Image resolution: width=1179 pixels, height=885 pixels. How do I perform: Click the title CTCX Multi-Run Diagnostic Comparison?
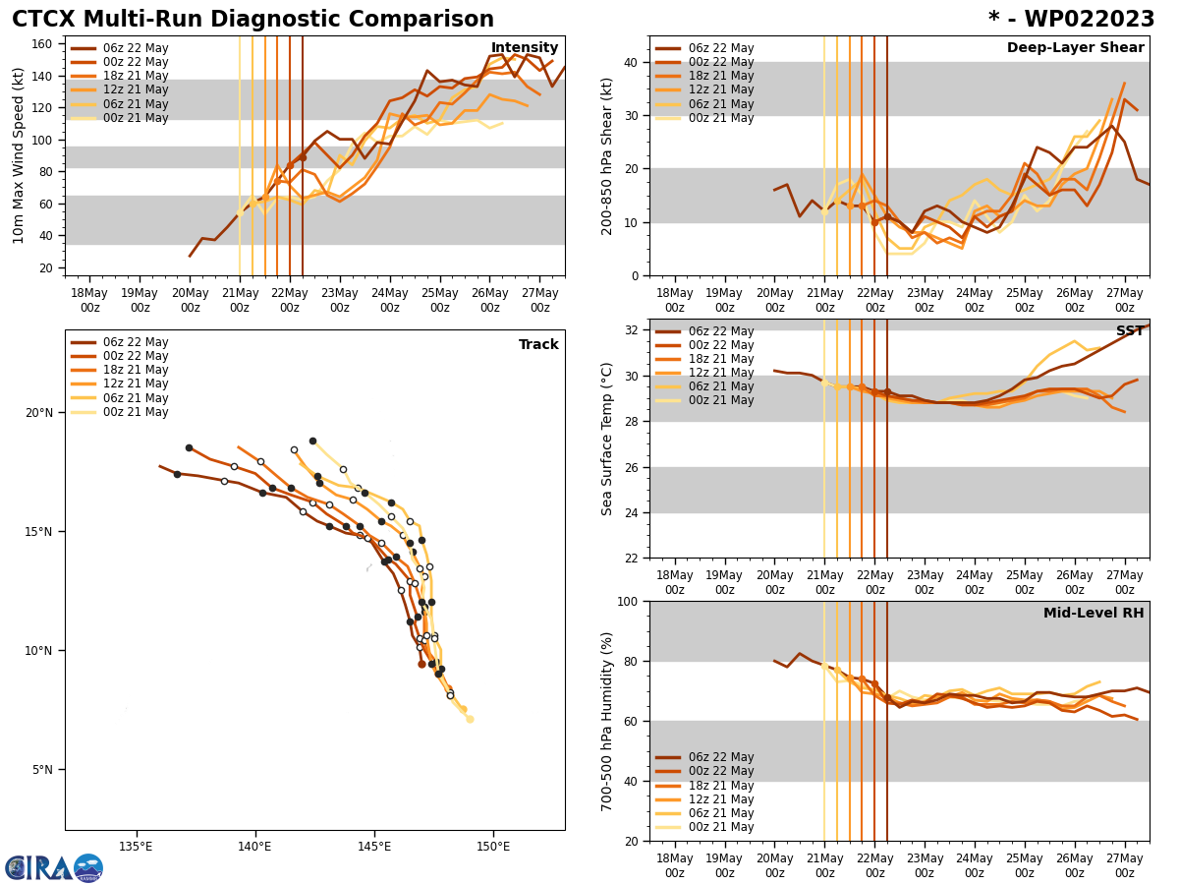coord(253,20)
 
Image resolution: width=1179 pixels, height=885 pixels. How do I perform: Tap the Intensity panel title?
coord(525,48)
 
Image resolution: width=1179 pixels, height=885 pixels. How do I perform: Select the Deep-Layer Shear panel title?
coord(1075,48)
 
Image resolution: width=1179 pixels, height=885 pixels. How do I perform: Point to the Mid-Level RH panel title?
coord(1094,614)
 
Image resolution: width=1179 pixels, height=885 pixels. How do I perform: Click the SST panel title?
coord(1130,331)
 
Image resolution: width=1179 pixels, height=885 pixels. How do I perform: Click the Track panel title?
coord(538,345)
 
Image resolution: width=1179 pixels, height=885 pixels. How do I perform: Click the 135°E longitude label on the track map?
coord(136,847)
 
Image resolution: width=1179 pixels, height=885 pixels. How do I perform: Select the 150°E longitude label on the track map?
coord(493,847)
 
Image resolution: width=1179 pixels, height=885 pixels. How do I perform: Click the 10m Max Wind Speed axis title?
coord(17,155)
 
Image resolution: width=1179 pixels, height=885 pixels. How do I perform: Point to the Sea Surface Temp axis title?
coord(607,439)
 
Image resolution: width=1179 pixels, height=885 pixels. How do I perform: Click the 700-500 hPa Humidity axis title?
coord(607,721)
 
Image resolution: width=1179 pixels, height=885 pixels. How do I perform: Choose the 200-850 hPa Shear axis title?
coord(607,155)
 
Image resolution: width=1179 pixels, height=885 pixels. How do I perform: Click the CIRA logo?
coord(54,868)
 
